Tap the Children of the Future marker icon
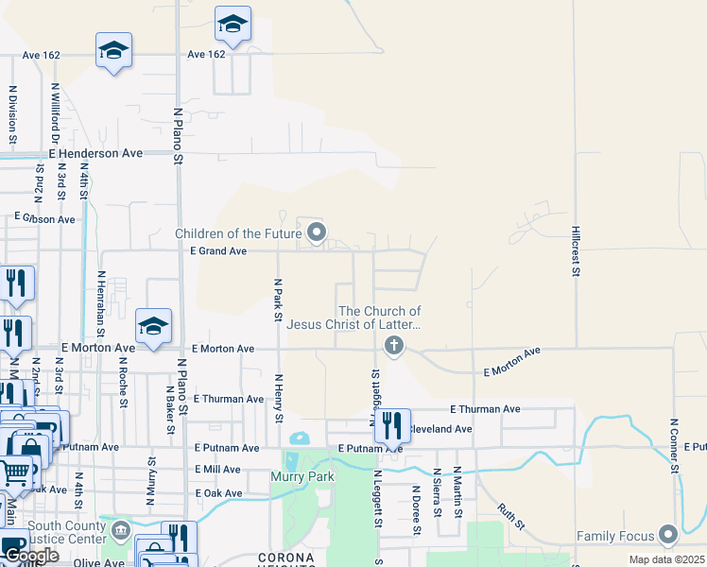pos(318,232)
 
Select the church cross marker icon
pos(394,347)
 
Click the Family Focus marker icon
pos(669,536)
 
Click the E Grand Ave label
pos(218,251)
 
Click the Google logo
pos(30,556)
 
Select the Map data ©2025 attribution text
pos(666,559)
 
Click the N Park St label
pos(278,299)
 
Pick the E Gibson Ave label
pos(44,219)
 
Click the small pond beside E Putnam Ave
pos(299,438)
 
